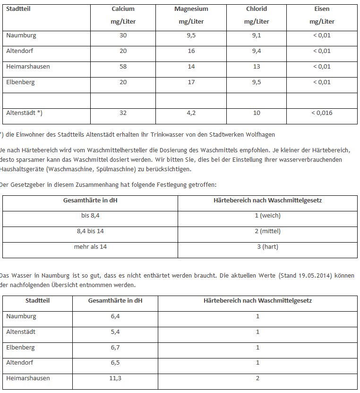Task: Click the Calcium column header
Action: click(123, 9)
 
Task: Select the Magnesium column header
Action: click(191, 9)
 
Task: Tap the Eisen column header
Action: click(322, 9)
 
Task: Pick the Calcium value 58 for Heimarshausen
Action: click(123, 67)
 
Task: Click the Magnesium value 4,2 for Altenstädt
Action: click(191, 113)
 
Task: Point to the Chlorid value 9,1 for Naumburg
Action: click(257, 35)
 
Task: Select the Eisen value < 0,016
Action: click(322, 113)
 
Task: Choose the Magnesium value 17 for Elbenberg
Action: click(191, 82)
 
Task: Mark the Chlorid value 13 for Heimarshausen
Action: click(257, 67)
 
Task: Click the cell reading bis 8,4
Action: click(90, 216)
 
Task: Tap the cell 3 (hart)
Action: click(267, 247)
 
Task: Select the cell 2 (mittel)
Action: click(267, 231)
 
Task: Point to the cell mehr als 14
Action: click(90, 247)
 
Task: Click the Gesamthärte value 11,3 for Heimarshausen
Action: click(115, 378)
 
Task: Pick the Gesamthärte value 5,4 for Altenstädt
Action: click(115, 332)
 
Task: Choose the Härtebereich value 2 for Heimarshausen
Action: click(257, 378)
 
